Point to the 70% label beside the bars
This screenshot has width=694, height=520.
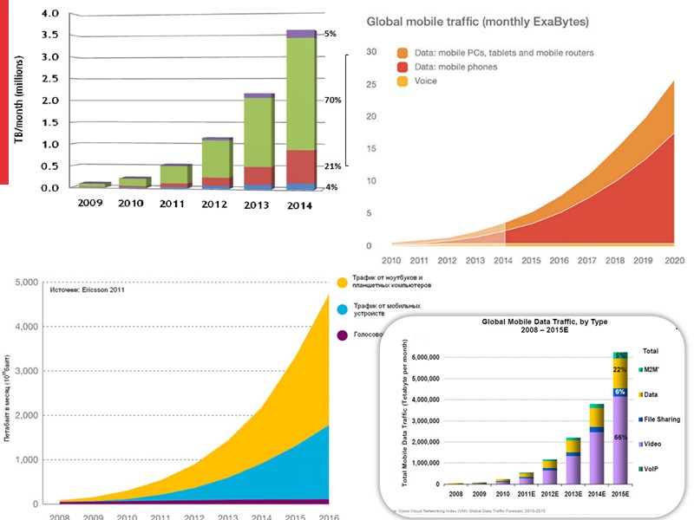pyautogui.click(x=332, y=101)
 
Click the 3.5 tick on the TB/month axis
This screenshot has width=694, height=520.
pyautogui.click(x=50, y=36)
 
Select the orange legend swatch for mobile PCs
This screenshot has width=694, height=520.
pyautogui.click(x=402, y=53)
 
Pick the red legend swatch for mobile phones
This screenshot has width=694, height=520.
pyautogui.click(x=402, y=67)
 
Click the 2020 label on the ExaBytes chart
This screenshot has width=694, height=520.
pyautogui.click(x=673, y=259)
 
